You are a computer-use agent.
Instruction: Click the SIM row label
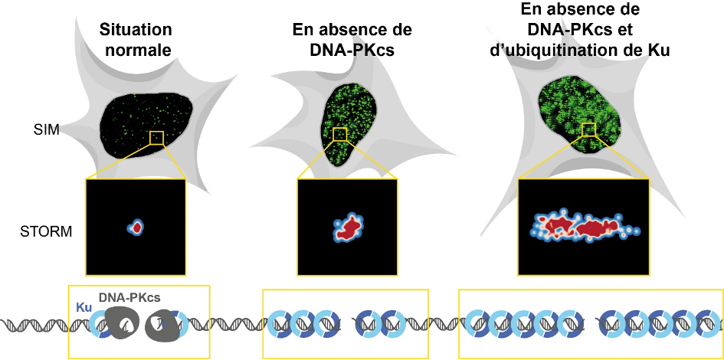(46, 131)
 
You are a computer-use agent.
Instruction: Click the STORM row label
(46, 231)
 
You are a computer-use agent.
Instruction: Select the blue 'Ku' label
(84, 307)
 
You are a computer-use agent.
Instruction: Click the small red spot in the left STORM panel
(136, 227)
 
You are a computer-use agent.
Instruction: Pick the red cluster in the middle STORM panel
(349, 228)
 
